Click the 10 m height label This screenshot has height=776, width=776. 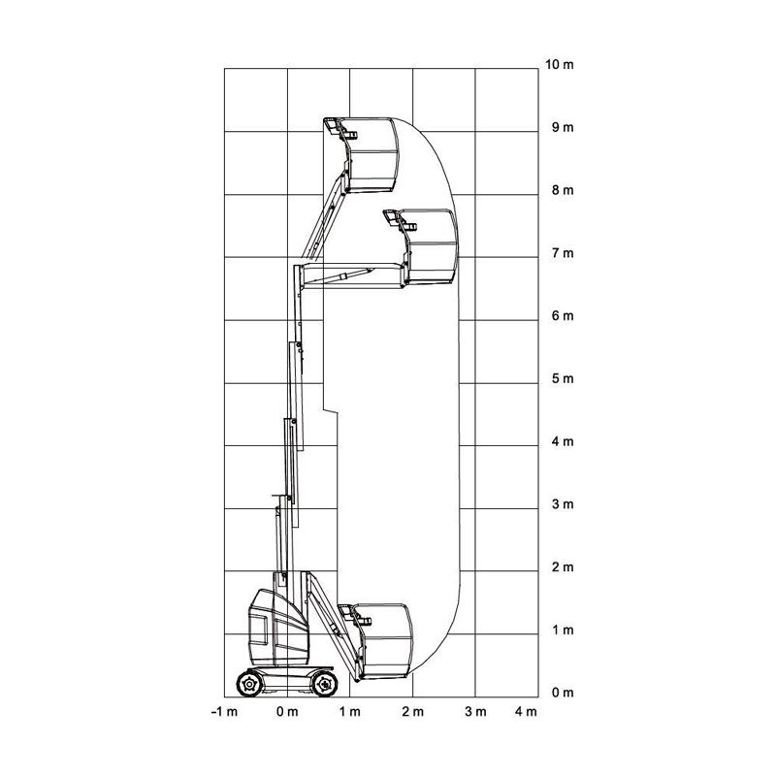click(560, 65)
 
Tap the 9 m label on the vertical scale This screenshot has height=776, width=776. click(563, 128)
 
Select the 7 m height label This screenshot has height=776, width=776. click(563, 253)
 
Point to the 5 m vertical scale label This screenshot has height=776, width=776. click(563, 379)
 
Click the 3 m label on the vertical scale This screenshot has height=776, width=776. click(563, 504)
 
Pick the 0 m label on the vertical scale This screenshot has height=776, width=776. click(563, 693)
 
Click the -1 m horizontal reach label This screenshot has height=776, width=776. click(224, 712)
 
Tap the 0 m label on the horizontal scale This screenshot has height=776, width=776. click(287, 712)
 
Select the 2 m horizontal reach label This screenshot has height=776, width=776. click(413, 712)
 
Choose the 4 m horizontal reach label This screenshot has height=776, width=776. click(526, 712)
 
